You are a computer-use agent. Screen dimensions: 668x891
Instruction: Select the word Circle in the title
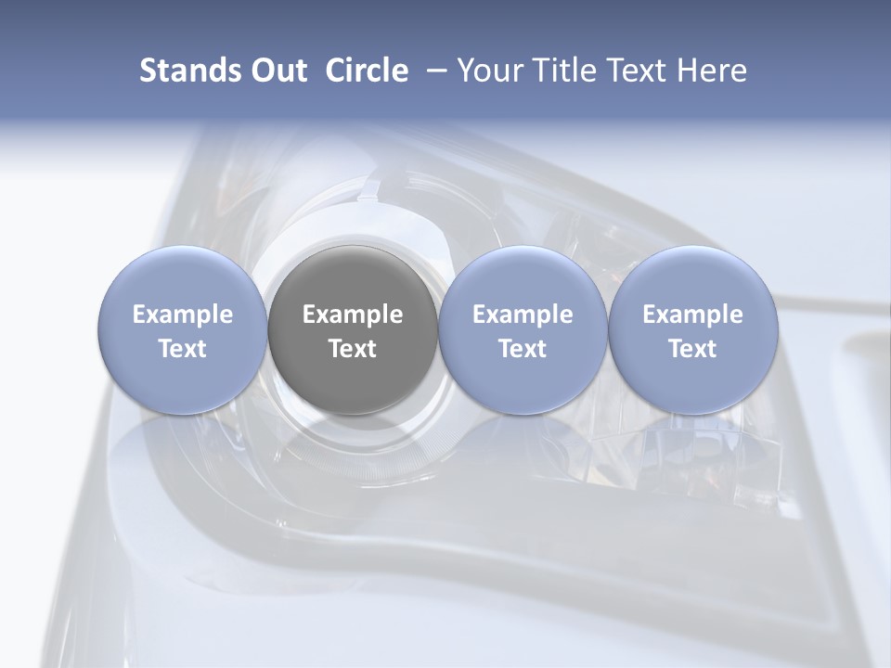[367, 71]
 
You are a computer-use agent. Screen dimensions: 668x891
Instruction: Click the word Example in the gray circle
[353, 315]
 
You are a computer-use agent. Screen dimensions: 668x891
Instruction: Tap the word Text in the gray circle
[353, 349]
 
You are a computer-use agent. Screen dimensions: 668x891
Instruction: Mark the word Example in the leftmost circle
[183, 315]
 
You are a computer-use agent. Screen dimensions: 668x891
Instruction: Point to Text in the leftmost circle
[183, 349]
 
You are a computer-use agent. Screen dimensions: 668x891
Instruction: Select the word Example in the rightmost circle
[693, 315]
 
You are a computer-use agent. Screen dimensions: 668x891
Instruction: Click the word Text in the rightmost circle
[693, 349]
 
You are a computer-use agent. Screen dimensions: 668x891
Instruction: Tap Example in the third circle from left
[523, 315]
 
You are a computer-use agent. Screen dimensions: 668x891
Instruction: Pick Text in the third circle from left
[523, 349]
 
